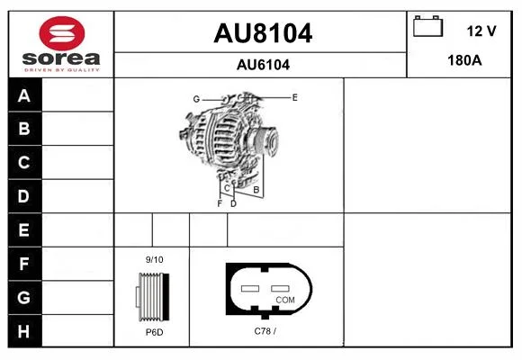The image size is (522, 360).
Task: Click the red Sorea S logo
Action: click(x=62, y=33)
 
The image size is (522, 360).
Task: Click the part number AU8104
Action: click(x=263, y=33)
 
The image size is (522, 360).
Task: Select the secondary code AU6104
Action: click(x=263, y=65)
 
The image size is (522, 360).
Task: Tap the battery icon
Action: click(x=427, y=26)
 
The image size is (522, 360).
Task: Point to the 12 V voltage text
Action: click(x=481, y=31)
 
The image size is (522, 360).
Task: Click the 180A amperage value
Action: click(x=464, y=60)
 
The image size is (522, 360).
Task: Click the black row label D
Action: click(x=24, y=196)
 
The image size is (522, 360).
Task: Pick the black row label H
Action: click(x=24, y=331)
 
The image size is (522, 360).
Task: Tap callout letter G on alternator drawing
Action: click(x=196, y=99)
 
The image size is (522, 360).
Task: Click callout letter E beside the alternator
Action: click(x=294, y=97)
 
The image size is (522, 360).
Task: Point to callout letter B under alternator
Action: click(x=256, y=190)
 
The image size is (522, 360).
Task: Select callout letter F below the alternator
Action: click(x=220, y=203)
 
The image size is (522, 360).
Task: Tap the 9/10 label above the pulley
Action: click(x=155, y=259)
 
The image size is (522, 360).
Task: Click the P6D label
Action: click(x=155, y=332)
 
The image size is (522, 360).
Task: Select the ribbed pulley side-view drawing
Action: click(x=153, y=296)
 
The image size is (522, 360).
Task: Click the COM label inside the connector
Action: click(x=285, y=300)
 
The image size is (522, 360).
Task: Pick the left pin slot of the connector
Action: click(x=250, y=288)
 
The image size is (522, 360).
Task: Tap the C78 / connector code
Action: click(x=265, y=331)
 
